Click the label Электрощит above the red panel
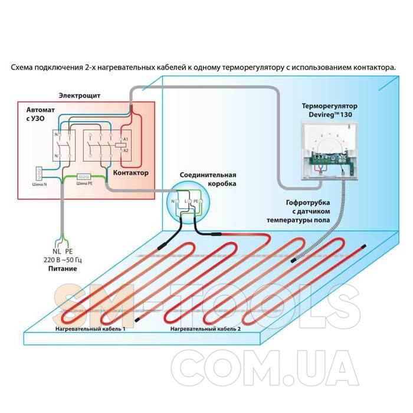[80, 95]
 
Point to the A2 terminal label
[126, 151]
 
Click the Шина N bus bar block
[40, 173]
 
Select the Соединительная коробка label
[209, 179]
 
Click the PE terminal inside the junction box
[197, 201]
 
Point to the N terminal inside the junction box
[173, 201]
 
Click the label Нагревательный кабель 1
[90, 327]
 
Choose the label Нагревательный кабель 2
[205, 327]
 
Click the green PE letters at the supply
[68, 251]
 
